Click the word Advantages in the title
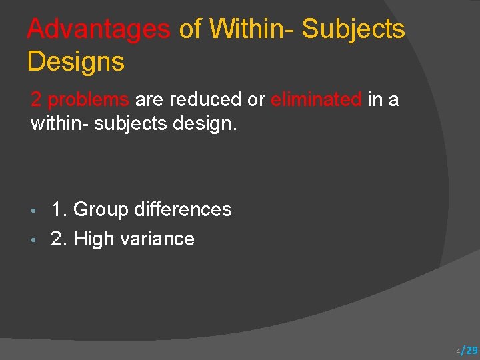pyautogui.click(x=99, y=29)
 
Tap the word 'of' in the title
pyautogui.click(x=191, y=29)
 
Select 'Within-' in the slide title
pyautogui.click(x=251, y=29)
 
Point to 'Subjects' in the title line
pyautogui.click(x=353, y=29)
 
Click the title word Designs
pyautogui.click(x=75, y=62)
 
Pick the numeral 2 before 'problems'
pyautogui.click(x=37, y=99)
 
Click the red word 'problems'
pyautogui.click(x=89, y=99)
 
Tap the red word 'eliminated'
pyautogui.click(x=316, y=99)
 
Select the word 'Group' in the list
pyautogui.click(x=100, y=209)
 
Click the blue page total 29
pyautogui.click(x=471, y=351)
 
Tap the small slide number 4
pyautogui.click(x=458, y=351)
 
